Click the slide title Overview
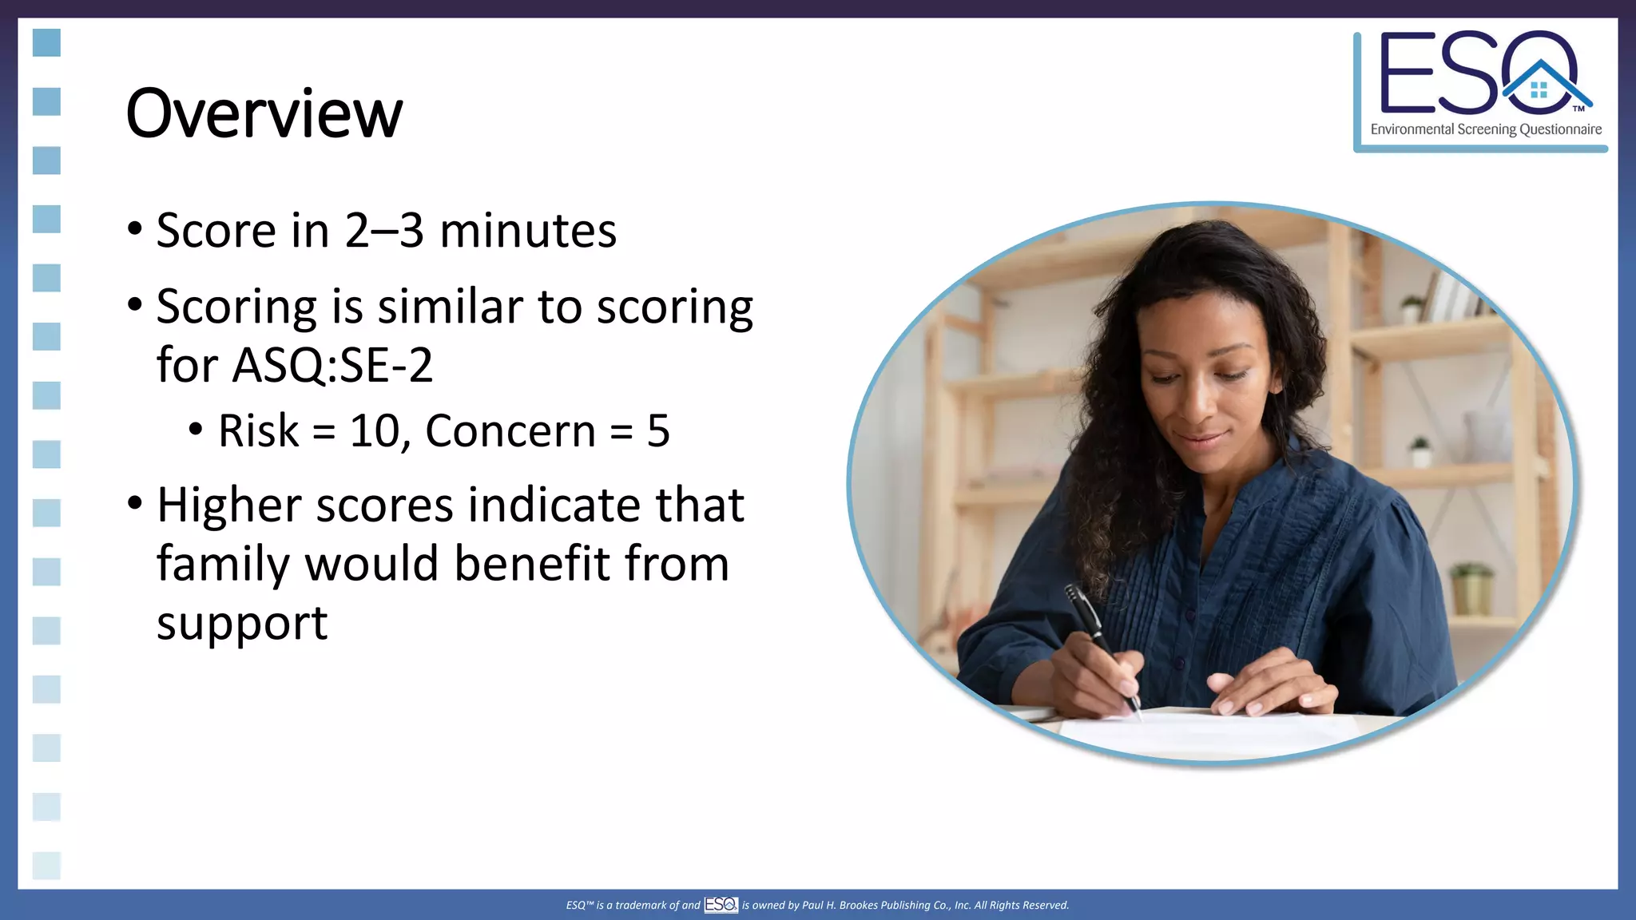pyautogui.click(x=264, y=113)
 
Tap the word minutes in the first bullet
pyautogui.click(x=528, y=231)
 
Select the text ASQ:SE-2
pyautogui.click(x=332, y=366)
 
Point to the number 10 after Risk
pyautogui.click(x=374, y=431)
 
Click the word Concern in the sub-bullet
pyautogui.click(x=510, y=431)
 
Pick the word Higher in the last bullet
pyautogui.click(x=229, y=506)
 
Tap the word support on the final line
pyautogui.click(x=242, y=623)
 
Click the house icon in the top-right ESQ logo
pyautogui.click(x=1539, y=88)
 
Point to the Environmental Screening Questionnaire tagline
pyautogui.click(x=1486, y=129)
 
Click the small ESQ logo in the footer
pyautogui.click(x=721, y=904)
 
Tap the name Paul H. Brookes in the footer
pyautogui.click(x=839, y=905)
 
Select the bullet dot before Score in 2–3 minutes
pyautogui.click(x=135, y=230)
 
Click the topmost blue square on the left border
pyautogui.click(x=46, y=43)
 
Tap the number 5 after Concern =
pyautogui.click(x=658, y=431)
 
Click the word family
pyautogui.click(x=223, y=565)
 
